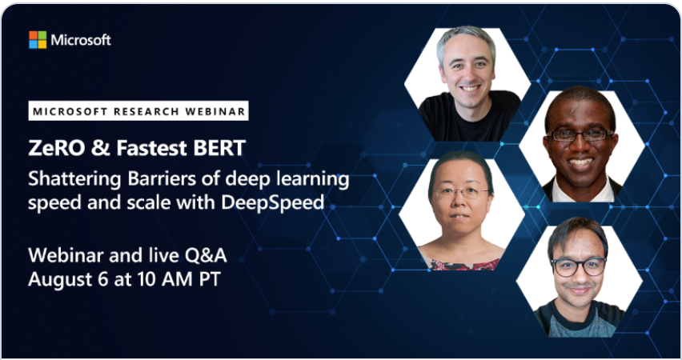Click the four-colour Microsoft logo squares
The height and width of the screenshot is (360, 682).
click(x=38, y=40)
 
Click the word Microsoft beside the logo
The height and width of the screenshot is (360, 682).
click(x=81, y=40)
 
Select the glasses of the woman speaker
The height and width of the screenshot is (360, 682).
click(x=461, y=192)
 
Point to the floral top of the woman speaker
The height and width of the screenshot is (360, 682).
click(x=464, y=264)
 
